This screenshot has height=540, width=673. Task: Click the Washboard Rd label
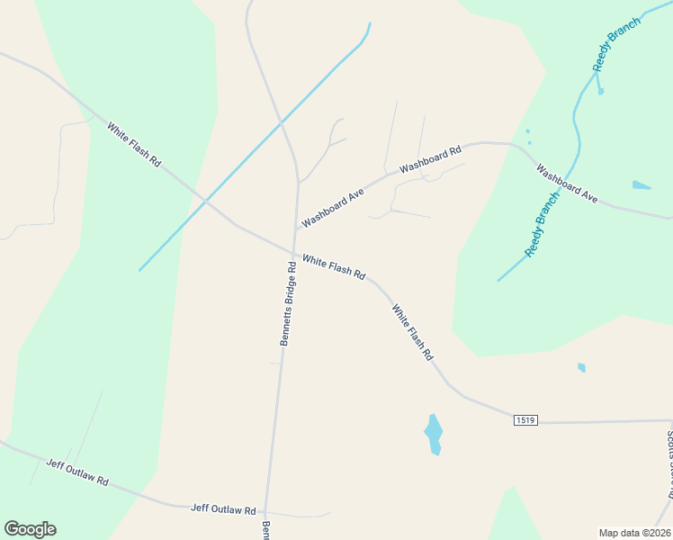click(430, 158)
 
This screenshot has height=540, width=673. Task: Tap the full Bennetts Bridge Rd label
click(287, 304)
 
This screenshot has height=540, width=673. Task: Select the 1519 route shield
click(526, 420)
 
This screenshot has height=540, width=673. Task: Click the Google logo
click(30, 528)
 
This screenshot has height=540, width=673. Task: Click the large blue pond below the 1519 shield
click(434, 434)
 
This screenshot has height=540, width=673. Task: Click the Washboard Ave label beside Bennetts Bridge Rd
click(332, 208)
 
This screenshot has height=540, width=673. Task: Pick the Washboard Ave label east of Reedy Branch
click(567, 183)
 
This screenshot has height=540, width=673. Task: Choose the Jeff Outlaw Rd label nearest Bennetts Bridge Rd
click(223, 508)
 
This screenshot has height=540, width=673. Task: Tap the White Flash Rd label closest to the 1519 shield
click(412, 332)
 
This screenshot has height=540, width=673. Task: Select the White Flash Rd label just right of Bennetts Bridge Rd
click(333, 266)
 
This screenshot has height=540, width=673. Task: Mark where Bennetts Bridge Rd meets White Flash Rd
click(293, 253)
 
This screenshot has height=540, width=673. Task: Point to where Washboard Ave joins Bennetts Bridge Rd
click(297, 229)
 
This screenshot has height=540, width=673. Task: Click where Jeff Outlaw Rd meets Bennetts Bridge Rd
click(268, 512)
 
